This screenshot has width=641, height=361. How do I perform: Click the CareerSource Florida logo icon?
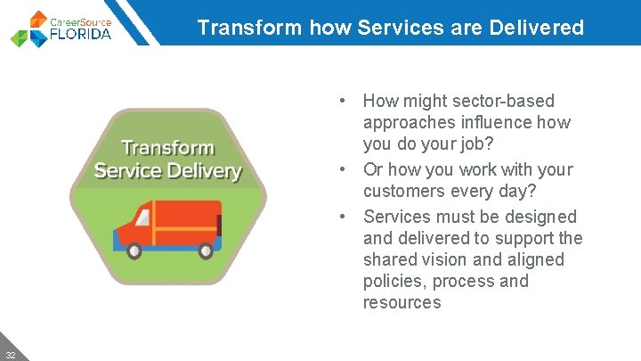pyautogui.click(x=29, y=29)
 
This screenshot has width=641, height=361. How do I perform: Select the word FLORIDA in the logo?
pyautogui.click(x=81, y=35)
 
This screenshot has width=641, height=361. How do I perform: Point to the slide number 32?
pyautogui.click(x=10, y=353)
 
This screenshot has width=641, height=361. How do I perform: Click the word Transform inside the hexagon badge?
pyautogui.click(x=167, y=148)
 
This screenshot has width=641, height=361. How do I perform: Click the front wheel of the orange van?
pyautogui.click(x=135, y=250)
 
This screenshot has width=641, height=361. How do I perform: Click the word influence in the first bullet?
pyautogui.click(x=488, y=123)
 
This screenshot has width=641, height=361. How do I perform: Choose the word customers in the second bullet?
pyautogui.click(x=402, y=192)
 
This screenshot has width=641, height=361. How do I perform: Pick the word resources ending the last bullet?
pyautogui.click(x=402, y=303)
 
